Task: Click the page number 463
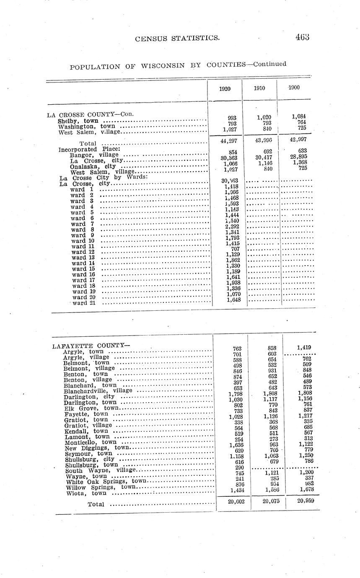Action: coord(302,37)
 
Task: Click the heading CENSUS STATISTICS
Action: coord(177,39)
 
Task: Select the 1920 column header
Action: coord(225,89)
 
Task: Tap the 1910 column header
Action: coord(259,88)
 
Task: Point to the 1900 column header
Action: coord(293,88)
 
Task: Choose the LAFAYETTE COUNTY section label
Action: coord(91,346)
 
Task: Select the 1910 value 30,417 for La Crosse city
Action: coord(263,157)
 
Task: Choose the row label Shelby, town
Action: coord(78,121)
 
